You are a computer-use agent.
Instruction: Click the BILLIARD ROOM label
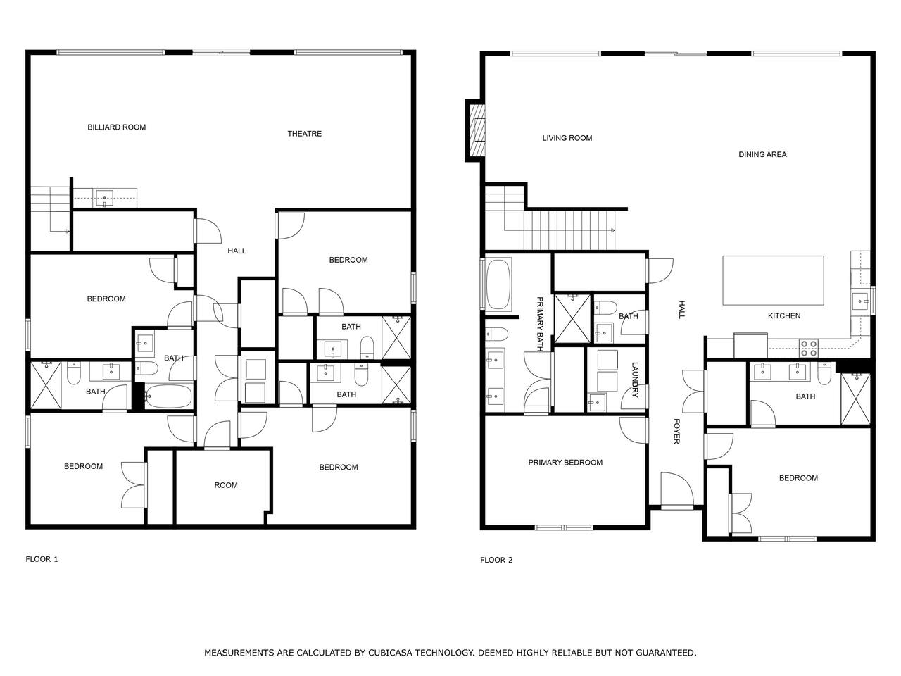pos(117,127)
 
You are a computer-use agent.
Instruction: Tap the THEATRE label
pos(304,134)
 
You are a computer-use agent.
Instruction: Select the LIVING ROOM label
pos(567,138)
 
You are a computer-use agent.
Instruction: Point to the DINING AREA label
pos(762,155)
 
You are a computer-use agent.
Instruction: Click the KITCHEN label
pos(783,315)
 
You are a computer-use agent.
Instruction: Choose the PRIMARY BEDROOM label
pos(565,463)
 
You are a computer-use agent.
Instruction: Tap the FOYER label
pos(676,431)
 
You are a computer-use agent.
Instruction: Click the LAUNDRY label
pos(635,380)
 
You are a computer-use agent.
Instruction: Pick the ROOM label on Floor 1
pos(226,485)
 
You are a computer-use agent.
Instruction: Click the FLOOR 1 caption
pos(42,559)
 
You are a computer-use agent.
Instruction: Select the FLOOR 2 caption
pos(496,560)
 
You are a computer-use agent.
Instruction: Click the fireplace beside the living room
pos(476,130)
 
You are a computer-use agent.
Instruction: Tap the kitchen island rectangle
pos(773,280)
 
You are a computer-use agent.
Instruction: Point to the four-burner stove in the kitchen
pos(808,348)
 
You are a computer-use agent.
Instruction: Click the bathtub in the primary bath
pos(498,284)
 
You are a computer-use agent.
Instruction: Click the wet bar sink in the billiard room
pos(104,199)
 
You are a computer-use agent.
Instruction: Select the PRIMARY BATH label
pos(540,324)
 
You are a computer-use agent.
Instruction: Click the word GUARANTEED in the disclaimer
pos(666,652)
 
